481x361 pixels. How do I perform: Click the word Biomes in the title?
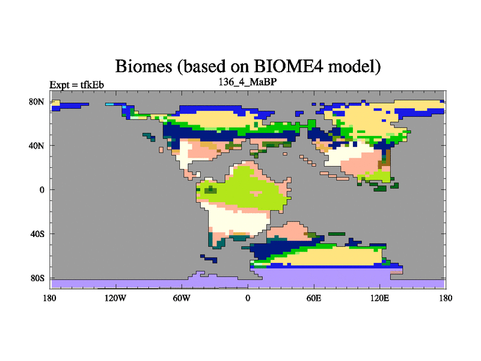click(x=144, y=66)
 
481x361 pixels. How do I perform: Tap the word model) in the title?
click(x=354, y=66)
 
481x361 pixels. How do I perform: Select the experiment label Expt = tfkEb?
click(x=77, y=85)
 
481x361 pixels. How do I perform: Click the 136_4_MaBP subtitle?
click(x=248, y=82)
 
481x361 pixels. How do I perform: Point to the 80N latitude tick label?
click(x=37, y=102)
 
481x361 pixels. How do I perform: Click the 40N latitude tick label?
click(x=37, y=146)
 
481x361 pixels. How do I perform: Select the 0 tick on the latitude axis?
click(x=41, y=190)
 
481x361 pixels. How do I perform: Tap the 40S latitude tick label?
click(x=37, y=234)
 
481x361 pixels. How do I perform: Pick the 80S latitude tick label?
click(x=37, y=278)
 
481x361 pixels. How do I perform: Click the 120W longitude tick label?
click(x=115, y=298)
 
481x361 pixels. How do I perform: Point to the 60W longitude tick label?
click(x=182, y=298)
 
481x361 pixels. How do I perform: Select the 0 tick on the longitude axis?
click(x=248, y=298)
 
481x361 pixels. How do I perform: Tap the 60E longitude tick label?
click(x=314, y=298)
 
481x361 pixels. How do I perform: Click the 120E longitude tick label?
click(x=380, y=298)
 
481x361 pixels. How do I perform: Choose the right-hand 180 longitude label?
click(x=446, y=298)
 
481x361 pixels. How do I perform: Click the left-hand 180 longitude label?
click(x=50, y=298)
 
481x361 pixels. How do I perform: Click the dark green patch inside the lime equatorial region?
click(x=210, y=190)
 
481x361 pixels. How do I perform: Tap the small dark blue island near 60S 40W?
click(x=209, y=259)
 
